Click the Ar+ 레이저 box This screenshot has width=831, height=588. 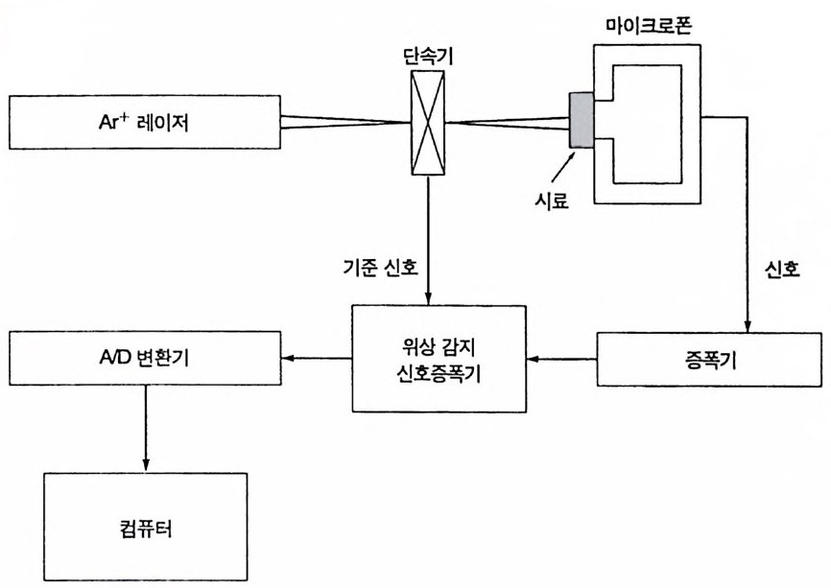(145, 124)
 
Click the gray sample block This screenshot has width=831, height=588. (580, 121)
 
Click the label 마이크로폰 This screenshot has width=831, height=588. (648, 22)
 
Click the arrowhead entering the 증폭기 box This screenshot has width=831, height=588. (746, 324)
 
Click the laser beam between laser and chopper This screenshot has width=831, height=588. (345, 123)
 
